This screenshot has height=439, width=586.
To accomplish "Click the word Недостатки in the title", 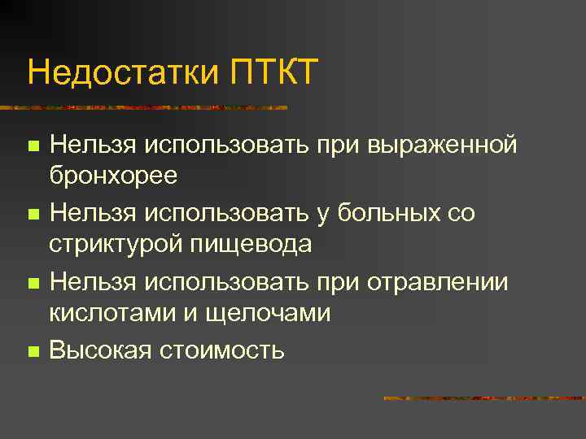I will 121,72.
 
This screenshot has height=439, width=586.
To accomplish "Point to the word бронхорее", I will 113,175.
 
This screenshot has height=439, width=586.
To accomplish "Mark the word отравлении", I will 437,282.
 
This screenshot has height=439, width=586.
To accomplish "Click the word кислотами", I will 108,312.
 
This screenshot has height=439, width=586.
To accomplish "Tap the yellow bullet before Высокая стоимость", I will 33,352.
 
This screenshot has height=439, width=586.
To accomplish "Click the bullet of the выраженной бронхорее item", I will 33,146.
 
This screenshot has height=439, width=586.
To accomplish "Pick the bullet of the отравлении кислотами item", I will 33,284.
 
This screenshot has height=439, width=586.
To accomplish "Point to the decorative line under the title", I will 146,106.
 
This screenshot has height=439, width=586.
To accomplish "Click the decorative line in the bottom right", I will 483,398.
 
